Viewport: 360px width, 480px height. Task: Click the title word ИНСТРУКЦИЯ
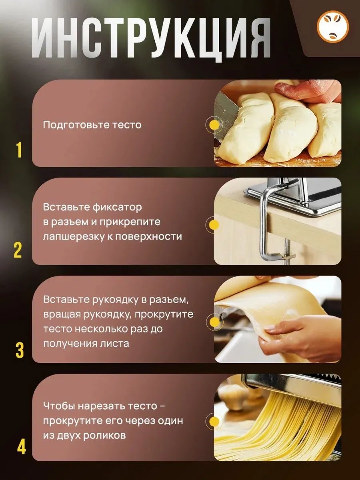(151, 38)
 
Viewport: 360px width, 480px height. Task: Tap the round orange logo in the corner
(333, 26)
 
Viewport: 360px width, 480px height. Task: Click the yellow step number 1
(20, 150)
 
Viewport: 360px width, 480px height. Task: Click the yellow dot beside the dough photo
(214, 125)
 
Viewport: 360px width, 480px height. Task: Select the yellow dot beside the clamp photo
(214, 224)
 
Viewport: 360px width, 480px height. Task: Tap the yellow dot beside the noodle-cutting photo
(214, 421)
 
